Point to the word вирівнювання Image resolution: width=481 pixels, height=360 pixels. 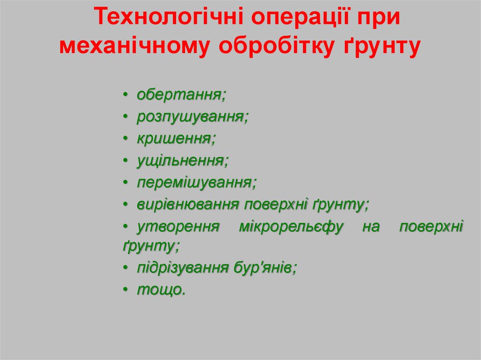click(188, 205)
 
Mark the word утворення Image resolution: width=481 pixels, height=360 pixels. click(178, 227)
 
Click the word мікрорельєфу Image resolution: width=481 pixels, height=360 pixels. click(291, 227)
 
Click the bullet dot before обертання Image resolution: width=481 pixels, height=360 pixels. click(126, 96)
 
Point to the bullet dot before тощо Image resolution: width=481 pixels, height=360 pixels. click(126, 291)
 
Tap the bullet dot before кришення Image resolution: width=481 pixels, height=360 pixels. click(126, 139)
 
